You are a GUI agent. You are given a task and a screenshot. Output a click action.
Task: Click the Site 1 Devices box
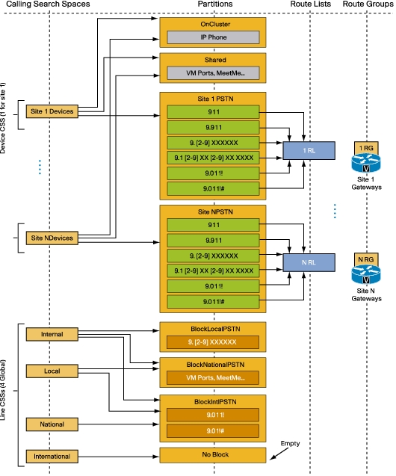(52, 111)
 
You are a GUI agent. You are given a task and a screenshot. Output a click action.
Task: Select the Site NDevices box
(52, 238)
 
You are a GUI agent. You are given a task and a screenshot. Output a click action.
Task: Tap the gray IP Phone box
(214, 37)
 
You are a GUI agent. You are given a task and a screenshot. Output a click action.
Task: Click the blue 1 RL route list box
(309, 151)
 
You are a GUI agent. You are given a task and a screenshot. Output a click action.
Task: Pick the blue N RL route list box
(309, 262)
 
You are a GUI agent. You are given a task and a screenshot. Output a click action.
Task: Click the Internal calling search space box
(52, 334)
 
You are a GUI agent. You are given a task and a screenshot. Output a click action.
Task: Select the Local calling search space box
(52, 371)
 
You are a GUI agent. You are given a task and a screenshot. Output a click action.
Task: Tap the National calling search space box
(52, 424)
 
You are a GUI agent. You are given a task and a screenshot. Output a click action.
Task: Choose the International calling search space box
(52, 457)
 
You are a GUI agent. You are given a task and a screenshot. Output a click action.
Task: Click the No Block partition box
(213, 455)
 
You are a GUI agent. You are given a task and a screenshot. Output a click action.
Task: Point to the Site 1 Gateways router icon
(366, 163)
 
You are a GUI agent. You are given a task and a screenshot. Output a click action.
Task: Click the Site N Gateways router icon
(366, 274)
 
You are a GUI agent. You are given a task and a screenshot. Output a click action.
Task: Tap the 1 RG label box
(366, 148)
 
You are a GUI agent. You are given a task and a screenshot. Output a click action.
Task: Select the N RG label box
(366, 259)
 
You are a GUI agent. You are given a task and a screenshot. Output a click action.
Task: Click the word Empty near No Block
(290, 444)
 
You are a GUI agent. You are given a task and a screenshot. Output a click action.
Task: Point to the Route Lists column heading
(310, 4)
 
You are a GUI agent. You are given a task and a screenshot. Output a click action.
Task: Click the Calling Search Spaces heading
(48, 4)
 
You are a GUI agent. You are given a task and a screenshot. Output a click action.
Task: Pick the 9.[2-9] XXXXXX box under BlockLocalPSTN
(213, 342)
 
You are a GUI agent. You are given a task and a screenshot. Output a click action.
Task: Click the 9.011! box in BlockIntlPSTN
(213, 415)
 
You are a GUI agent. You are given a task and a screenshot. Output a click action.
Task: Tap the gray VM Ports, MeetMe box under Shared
(214, 73)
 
